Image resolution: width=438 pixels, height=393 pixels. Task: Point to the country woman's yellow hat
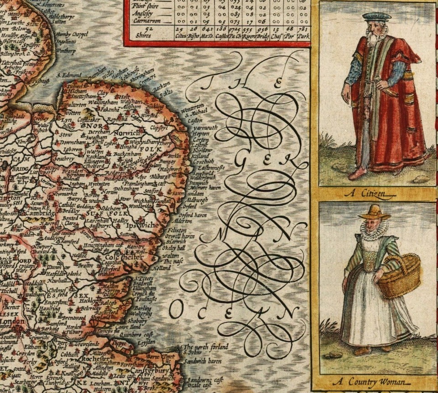374,212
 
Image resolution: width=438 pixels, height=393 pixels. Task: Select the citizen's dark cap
377,17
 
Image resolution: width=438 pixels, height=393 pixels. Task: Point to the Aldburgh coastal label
198,199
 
